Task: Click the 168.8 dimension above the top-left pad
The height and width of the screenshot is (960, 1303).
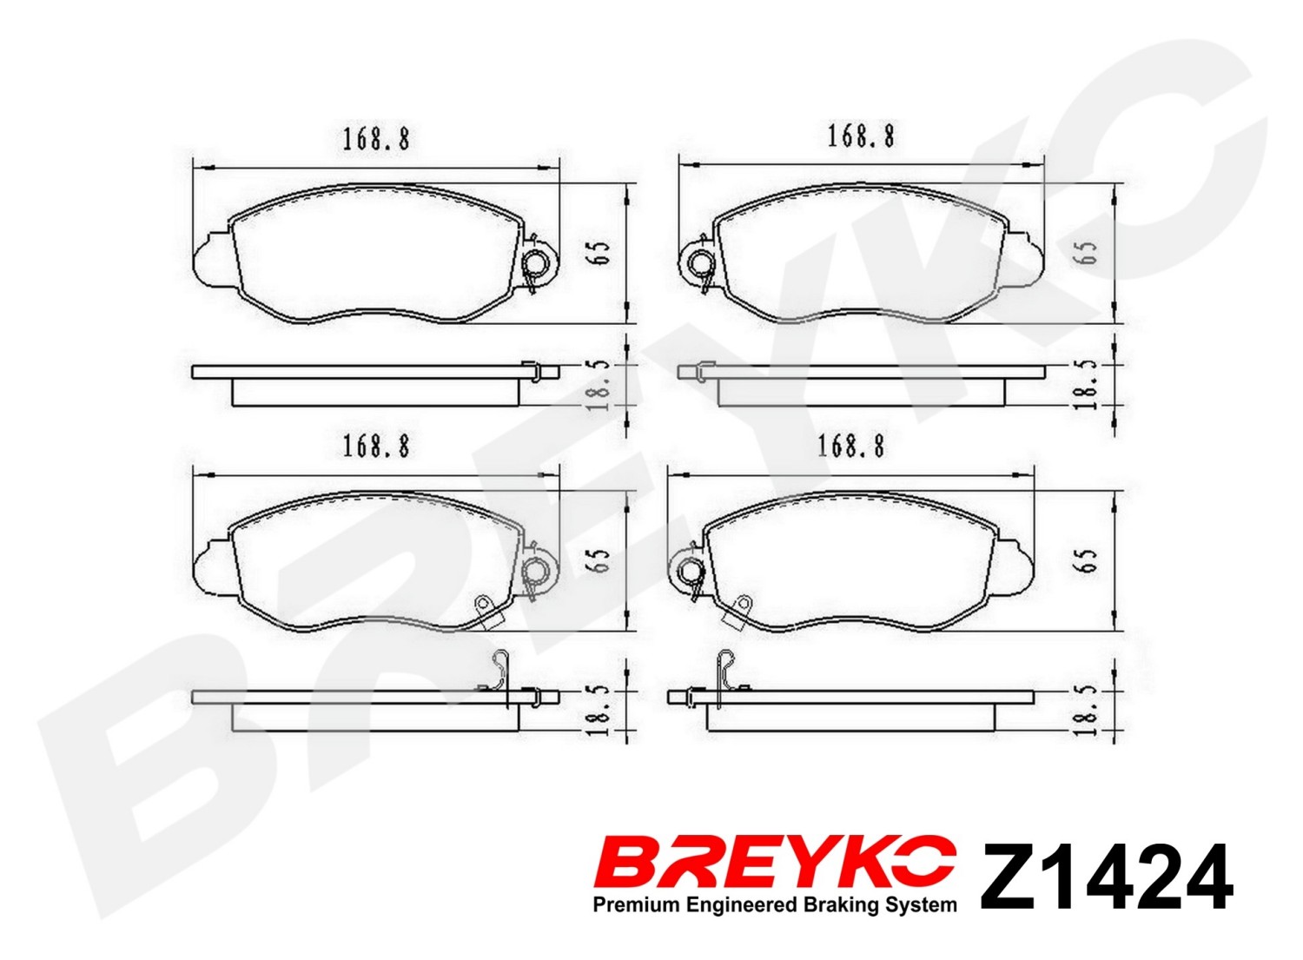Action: [376, 140]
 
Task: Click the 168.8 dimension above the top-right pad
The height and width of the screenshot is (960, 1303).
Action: [861, 136]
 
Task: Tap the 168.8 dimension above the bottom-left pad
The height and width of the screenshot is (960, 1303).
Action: [376, 447]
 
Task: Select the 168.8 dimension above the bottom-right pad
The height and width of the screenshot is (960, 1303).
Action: [851, 447]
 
